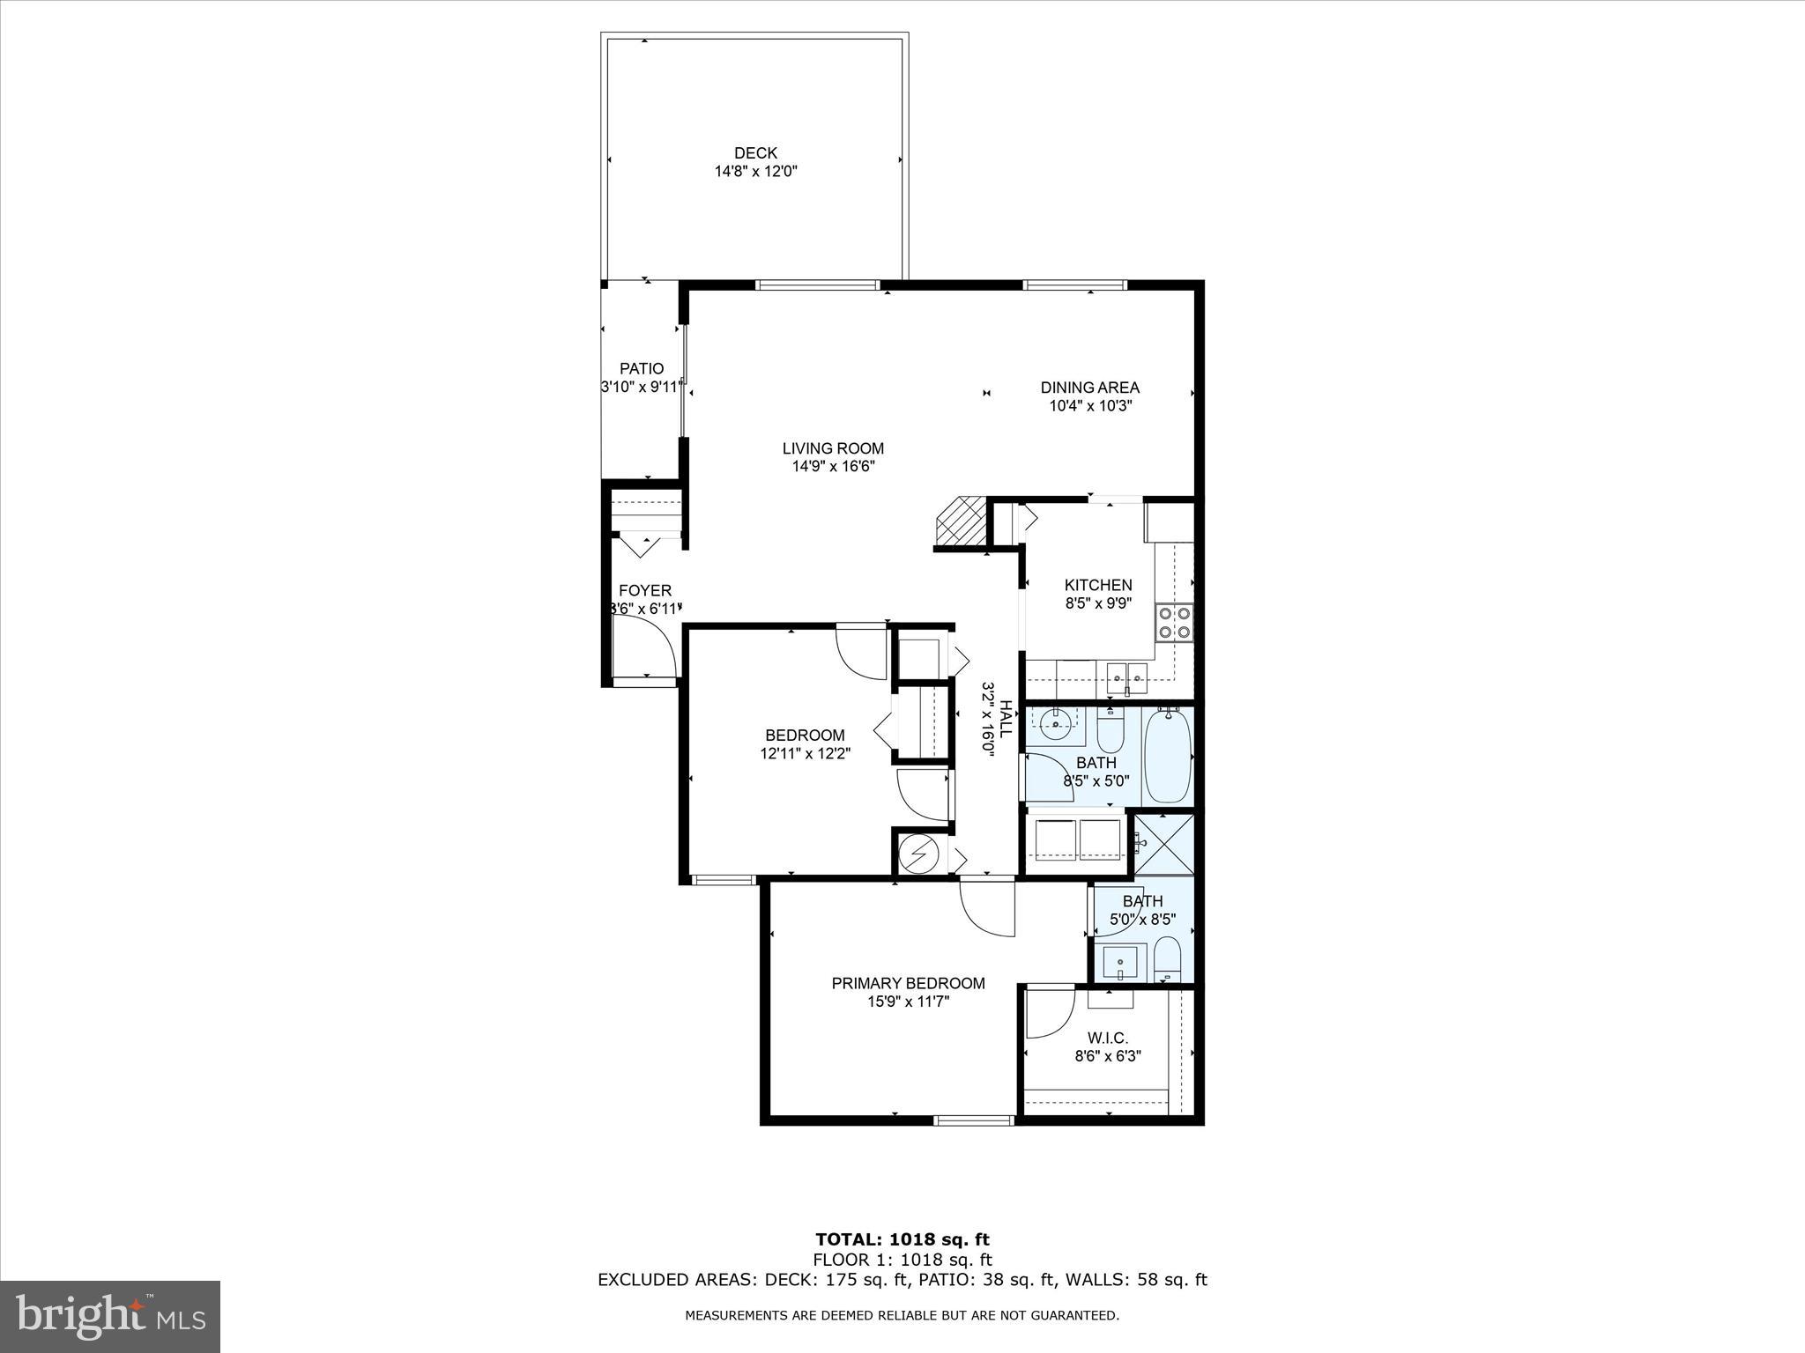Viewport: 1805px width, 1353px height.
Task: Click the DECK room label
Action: pyautogui.click(x=755, y=153)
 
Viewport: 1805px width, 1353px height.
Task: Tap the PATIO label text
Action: pyautogui.click(x=641, y=369)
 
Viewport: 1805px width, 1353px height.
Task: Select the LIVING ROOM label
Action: pyautogui.click(x=833, y=448)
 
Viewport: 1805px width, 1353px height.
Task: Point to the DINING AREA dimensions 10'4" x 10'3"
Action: pyautogui.click(x=1089, y=406)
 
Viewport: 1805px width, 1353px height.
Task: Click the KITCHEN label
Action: pyautogui.click(x=1097, y=585)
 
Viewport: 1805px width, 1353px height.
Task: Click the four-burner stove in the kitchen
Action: pyautogui.click(x=1174, y=622)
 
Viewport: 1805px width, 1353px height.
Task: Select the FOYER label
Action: pyautogui.click(x=644, y=591)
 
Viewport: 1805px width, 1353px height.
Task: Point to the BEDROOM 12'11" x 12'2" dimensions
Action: pyautogui.click(x=805, y=754)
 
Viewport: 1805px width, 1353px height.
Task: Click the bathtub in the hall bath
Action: pyautogui.click(x=1167, y=758)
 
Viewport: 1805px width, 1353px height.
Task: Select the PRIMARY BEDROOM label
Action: pyautogui.click(x=908, y=983)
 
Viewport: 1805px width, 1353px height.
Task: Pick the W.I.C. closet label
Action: pyautogui.click(x=1107, y=1039)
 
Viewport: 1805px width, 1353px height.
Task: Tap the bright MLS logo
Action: pyautogui.click(x=110, y=1318)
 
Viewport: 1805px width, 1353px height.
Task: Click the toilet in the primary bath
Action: pyautogui.click(x=1166, y=959)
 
